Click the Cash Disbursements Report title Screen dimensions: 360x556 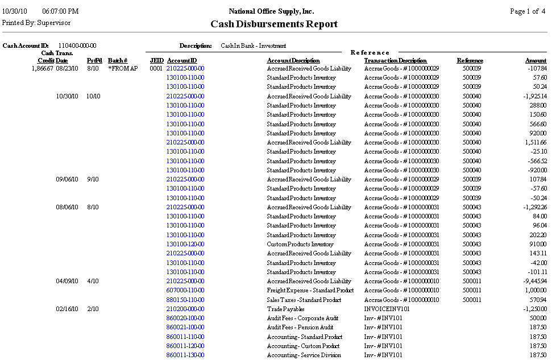[x=274, y=24]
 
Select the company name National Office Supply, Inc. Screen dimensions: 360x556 [x=271, y=11]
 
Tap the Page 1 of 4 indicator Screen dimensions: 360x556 [x=528, y=11]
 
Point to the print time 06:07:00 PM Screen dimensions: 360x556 [x=60, y=11]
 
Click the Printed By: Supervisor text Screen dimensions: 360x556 [x=36, y=23]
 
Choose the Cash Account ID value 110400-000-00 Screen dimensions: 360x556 [x=77, y=45]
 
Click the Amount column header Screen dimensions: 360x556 [x=536, y=60]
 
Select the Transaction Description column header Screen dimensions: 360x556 [x=395, y=60]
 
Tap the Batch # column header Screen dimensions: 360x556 [x=118, y=60]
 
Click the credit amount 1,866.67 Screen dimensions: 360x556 [x=42, y=68]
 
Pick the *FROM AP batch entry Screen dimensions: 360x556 [x=123, y=68]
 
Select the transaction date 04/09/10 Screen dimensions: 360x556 [x=67, y=281]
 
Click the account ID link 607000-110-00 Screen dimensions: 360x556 [x=185, y=290]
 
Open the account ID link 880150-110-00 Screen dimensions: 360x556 [x=185, y=300]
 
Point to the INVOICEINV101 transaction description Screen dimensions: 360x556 [x=387, y=309]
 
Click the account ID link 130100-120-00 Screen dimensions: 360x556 [x=185, y=244]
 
